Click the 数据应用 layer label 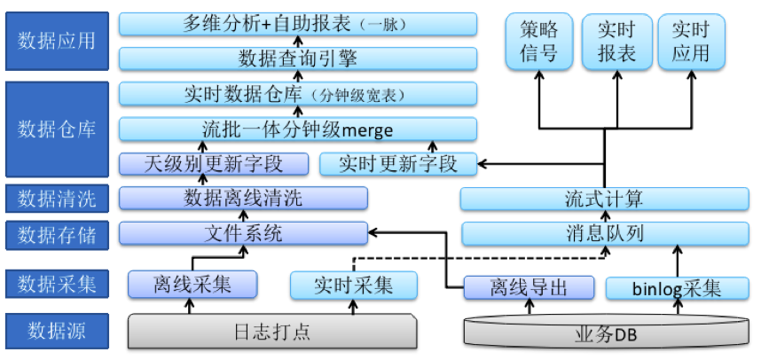click(57, 40)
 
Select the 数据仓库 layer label click(57, 129)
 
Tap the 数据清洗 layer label click(57, 198)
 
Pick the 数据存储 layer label click(57, 234)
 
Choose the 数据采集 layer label click(57, 284)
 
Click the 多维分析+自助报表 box click(297, 23)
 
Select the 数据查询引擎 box click(297, 59)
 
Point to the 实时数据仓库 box click(297, 94)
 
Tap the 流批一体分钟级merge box click(297, 129)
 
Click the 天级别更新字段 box click(214, 164)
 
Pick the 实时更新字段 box click(397, 164)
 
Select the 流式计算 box click(604, 199)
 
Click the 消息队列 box click(604, 234)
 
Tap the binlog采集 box click(677, 288)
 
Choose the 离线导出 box click(530, 287)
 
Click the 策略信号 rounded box click(538, 43)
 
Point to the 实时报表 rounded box click(616, 43)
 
